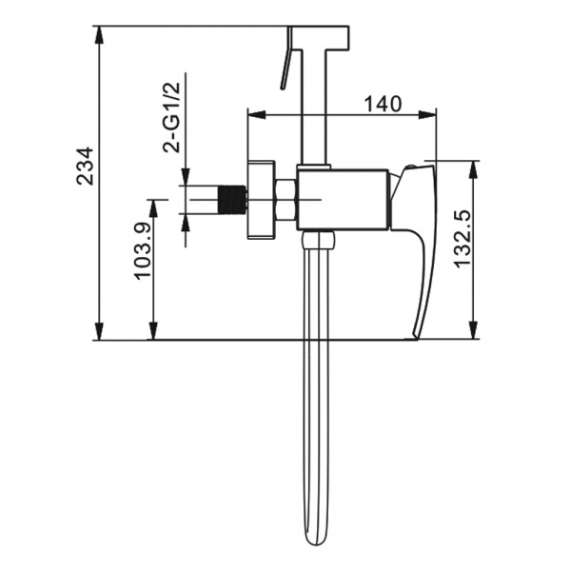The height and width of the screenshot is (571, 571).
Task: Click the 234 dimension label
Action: tap(85, 166)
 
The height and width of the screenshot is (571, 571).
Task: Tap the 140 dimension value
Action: tap(384, 104)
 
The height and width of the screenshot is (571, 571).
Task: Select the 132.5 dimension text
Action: tap(463, 239)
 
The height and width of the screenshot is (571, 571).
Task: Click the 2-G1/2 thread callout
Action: tap(171, 117)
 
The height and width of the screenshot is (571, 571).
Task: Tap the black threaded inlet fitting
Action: tap(232, 200)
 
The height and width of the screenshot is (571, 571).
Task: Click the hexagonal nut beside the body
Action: tap(286, 200)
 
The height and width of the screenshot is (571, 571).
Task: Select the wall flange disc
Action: tap(261, 200)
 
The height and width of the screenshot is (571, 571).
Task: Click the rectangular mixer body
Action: tap(343, 200)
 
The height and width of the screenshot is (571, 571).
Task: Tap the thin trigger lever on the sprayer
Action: tap(286, 57)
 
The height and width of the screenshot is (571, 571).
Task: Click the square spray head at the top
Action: tap(320, 37)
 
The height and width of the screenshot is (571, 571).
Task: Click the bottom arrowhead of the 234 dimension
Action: tap(99, 331)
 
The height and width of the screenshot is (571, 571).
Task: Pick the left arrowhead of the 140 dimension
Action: tap(256, 115)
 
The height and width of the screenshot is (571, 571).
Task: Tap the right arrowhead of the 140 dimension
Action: tap(426, 115)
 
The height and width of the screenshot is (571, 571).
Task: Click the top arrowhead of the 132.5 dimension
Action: tap(473, 169)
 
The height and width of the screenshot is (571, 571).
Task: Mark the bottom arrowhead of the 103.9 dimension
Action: tap(153, 331)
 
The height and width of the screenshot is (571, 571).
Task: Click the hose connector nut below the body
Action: tap(318, 240)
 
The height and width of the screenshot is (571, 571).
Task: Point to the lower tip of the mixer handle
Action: tap(415, 336)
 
